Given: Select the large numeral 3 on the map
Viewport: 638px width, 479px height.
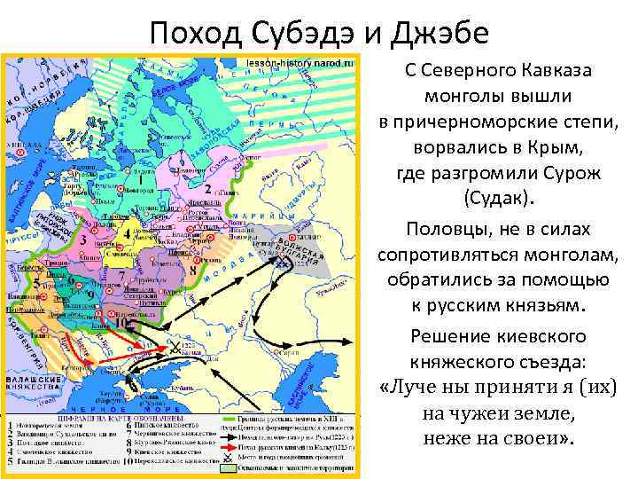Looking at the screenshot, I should (83, 239).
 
